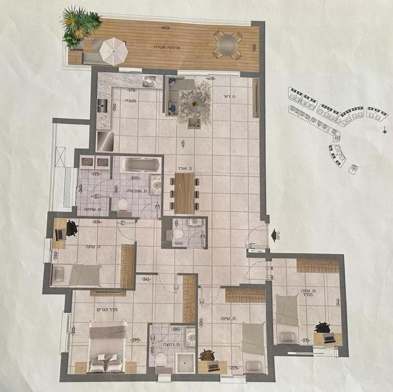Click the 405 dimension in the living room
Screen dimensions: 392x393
tap(210, 79)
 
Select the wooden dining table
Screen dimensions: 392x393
tap(184, 193)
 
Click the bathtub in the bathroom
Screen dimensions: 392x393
tap(141, 165)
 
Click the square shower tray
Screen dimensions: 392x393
tap(184, 360)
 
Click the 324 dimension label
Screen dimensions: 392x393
tap(98, 222)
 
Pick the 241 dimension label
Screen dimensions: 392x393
tap(146, 279)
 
